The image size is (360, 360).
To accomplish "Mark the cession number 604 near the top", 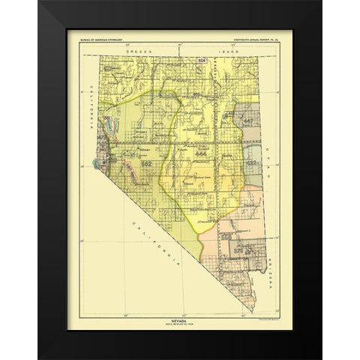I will (x=201, y=59).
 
